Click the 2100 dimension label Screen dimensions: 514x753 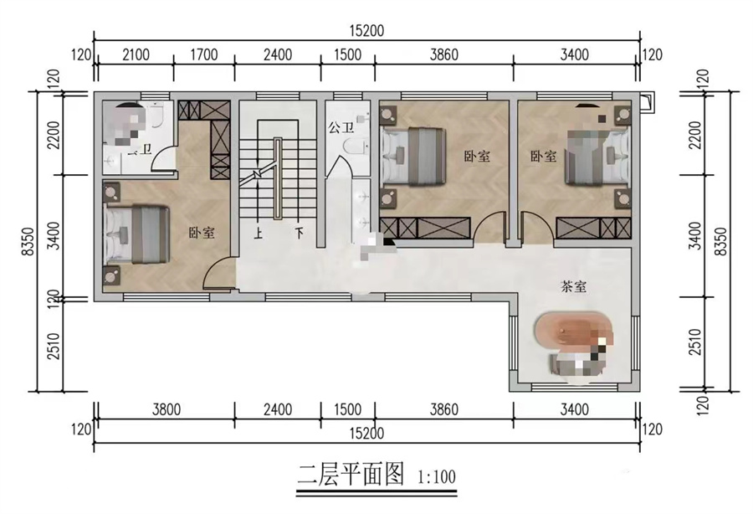[136, 55]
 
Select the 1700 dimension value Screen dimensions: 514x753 [203, 55]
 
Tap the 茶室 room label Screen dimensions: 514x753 [573, 286]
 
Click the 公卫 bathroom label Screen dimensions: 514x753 [340, 129]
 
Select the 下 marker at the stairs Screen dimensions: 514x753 [298, 234]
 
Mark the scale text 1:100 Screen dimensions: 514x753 [436, 480]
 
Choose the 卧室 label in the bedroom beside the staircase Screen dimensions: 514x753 [202, 234]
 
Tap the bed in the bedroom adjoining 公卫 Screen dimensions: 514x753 [415, 156]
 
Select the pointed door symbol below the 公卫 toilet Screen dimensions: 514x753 [341, 164]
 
